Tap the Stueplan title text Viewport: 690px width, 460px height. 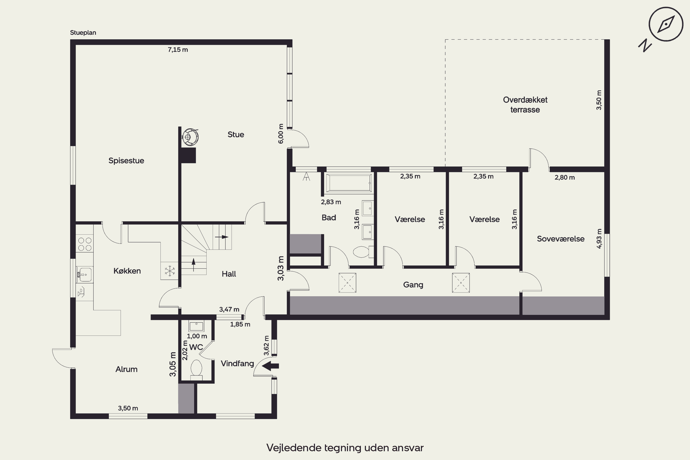click(83, 33)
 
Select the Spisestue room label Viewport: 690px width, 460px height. click(126, 161)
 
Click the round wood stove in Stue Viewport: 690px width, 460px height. click(190, 136)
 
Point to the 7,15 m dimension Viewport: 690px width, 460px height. click(178, 50)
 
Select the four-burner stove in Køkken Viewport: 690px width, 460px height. click(85, 244)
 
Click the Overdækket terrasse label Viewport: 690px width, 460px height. click(525, 105)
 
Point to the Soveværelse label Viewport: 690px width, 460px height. click(561, 239)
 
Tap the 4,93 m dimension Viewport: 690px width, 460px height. click(599, 239)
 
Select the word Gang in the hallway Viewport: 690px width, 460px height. click(413, 285)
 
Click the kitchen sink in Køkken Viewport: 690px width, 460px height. click(85, 275)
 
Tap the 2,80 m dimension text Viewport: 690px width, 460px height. click(564, 178)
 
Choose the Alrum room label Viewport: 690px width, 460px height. click(126, 369)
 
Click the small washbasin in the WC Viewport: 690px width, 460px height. click(196, 326)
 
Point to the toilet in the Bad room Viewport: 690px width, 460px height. click(363, 252)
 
